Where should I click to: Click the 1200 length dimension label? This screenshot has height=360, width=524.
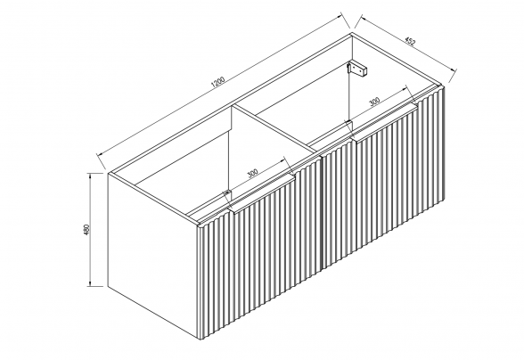(219, 83)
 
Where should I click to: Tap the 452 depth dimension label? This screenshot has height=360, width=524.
(410, 41)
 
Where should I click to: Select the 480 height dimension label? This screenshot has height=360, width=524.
(87, 230)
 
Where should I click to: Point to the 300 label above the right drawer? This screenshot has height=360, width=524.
(375, 101)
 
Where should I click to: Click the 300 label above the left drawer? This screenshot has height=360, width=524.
(253, 173)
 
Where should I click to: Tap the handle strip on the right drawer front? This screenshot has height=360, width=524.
(385, 121)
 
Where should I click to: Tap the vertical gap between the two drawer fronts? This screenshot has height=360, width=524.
(320, 214)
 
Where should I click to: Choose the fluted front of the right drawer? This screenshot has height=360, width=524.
(382, 177)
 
